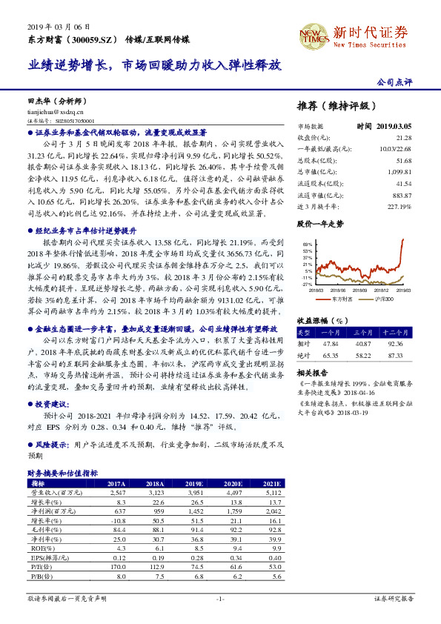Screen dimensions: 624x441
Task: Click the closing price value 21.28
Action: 403,138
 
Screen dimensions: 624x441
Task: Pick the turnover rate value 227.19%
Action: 399,205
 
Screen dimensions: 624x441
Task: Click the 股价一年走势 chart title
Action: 319,222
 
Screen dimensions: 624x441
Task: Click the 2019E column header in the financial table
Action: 196,483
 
